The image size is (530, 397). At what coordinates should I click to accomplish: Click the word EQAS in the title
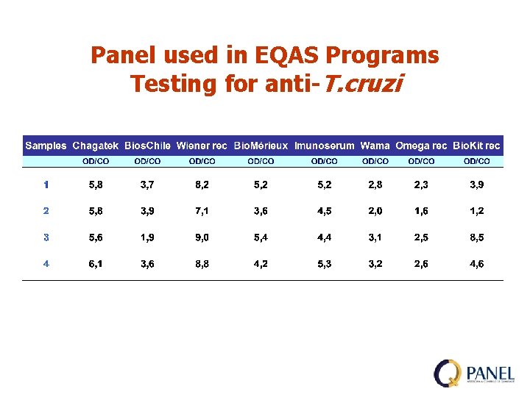(x=281, y=55)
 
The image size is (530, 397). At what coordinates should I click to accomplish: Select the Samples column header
(x=46, y=146)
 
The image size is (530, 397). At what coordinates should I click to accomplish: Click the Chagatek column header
(x=96, y=146)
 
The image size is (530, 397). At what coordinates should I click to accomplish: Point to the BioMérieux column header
(x=261, y=146)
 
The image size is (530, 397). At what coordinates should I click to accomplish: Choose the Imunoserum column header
(x=324, y=146)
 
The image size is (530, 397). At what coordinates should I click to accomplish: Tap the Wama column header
(x=375, y=146)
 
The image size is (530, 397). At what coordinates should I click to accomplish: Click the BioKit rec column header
(x=477, y=146)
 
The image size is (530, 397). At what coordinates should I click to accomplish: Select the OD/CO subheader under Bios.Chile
(x=148, y=160)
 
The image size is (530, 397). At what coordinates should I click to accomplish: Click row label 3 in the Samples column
(x=46, y=237)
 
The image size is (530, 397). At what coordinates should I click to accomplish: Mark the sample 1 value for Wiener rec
(x=202, y=185)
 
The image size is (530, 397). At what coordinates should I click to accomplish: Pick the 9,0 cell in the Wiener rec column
(x=202, y=237)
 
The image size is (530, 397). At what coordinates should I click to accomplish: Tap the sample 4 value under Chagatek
(x=96, y=264)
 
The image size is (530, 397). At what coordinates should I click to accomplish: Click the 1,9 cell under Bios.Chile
(x=148, y=237)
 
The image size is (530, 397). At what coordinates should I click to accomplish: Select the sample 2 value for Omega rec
(x=421, y=211)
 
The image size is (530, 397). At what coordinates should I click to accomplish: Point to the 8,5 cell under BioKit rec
(x=477, y=237)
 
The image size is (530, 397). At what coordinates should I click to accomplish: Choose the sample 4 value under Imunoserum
(x=325, y=264)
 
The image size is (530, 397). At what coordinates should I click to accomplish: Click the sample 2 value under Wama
(x=375, y=211)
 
